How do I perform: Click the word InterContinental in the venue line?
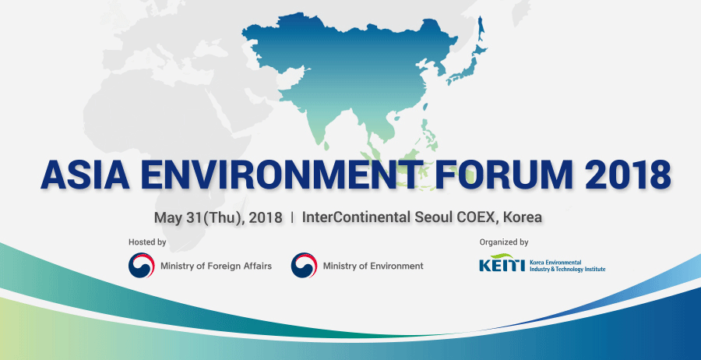pyautogui.click(x=357, y=217)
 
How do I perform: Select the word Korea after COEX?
pyautogui.click(x=523, y=217)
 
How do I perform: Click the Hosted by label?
pyautogui.click(x=147, y=242)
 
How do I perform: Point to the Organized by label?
pyautogui.click(x=504, y=242)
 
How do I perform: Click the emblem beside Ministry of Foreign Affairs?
pyautogui.click(x=141, y=265)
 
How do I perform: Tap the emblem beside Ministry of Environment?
pyautogui.click(x=304, y=265)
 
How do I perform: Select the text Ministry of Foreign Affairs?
pyautogui.click(x=216, y=266)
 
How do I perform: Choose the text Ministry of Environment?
pyautogui.click(x=373, y=266)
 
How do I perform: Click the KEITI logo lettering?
pyautogui.click(x=501, y=263)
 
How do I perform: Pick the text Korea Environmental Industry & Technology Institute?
pyautogui.click(x=567, y=266)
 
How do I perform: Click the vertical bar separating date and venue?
pyautogui.click(x=292, y=217)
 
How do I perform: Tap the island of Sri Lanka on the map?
pyautogui.click(x=327, y=146)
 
